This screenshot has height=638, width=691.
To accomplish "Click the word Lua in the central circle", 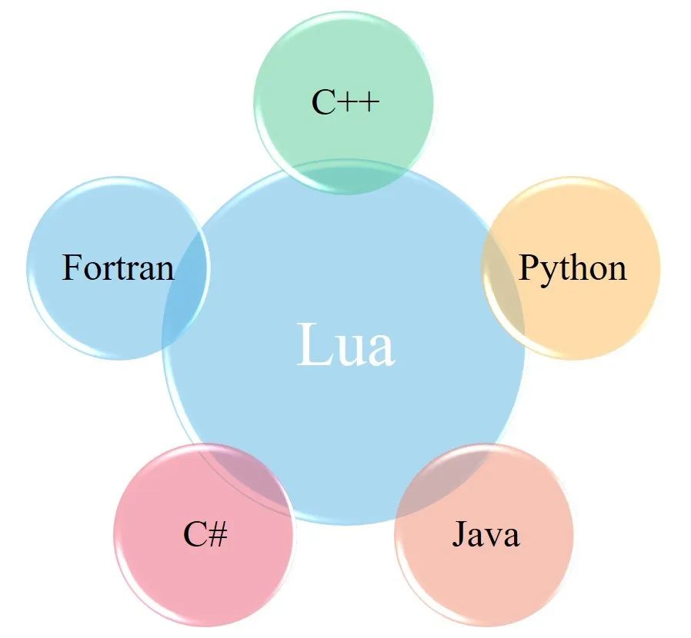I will (x=345, y=345).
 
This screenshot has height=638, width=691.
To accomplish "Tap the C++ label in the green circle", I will (x=345, y=102).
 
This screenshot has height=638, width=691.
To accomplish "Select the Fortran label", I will (x=118, y=267).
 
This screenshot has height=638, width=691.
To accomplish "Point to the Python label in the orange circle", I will (x=572, y=267).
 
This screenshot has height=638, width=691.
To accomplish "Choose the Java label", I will (x=485, y=534).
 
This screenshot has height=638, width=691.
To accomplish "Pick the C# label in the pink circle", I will (x=205, y=534).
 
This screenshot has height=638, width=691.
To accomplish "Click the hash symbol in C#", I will (x=217, y=534).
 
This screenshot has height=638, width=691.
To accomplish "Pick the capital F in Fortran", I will (x=72, y=267).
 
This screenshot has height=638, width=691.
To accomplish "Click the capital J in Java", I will (x=459, y=534).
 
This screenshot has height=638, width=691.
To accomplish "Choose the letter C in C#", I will (x=193, y=534).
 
